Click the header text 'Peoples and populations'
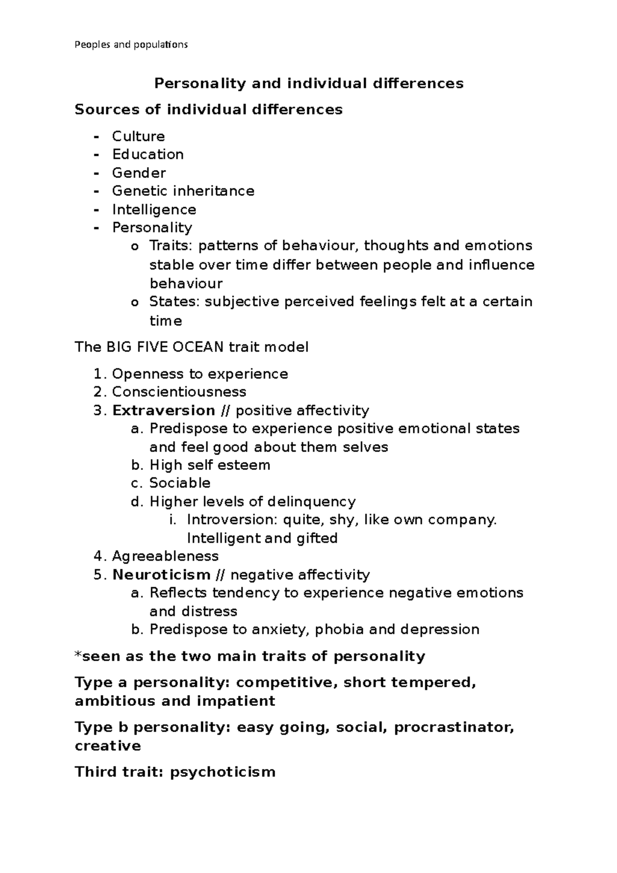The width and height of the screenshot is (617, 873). tap(131, 45)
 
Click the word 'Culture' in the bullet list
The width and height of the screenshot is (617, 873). tap(138, 136)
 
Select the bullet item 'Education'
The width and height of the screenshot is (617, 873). tap(148, 154)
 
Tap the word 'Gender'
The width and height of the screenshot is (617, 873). tap(139, 173)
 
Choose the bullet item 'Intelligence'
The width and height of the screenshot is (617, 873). tap(154, 210)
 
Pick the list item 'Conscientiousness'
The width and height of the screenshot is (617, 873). tap(179, 392)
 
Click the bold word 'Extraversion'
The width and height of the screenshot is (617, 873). tap(164, 410)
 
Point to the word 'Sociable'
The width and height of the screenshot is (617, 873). tap(179, 483)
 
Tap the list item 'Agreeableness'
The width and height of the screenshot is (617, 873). tap(165, 556)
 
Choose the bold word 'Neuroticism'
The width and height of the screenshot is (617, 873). tap(161, 575)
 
